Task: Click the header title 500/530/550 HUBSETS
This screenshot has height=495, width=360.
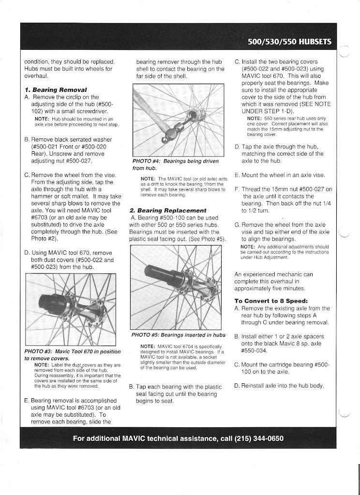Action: point(289,42)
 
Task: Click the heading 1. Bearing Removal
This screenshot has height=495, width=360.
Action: point(56,90)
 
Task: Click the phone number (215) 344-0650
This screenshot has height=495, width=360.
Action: point(259,439)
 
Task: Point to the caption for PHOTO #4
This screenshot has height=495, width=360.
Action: point(175,164)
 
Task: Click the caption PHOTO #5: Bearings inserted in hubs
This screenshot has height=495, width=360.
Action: point(179,335)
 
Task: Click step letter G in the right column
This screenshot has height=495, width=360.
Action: point(237,225)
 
